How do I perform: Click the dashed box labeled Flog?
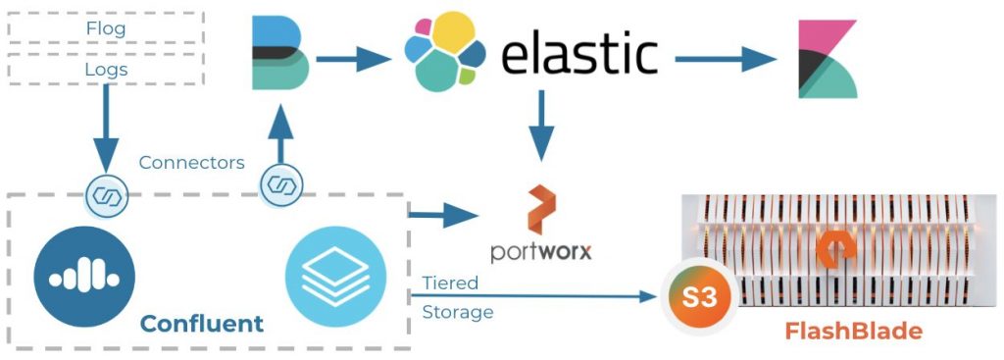[105, 27]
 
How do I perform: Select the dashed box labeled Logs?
[105, 69]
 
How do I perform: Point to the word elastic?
[578, 55]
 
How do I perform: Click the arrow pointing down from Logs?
[105, 128]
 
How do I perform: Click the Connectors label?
[192, 163]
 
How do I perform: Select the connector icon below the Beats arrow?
[280, 184]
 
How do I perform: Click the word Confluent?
[201, 324]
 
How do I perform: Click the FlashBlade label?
[853, 332]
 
